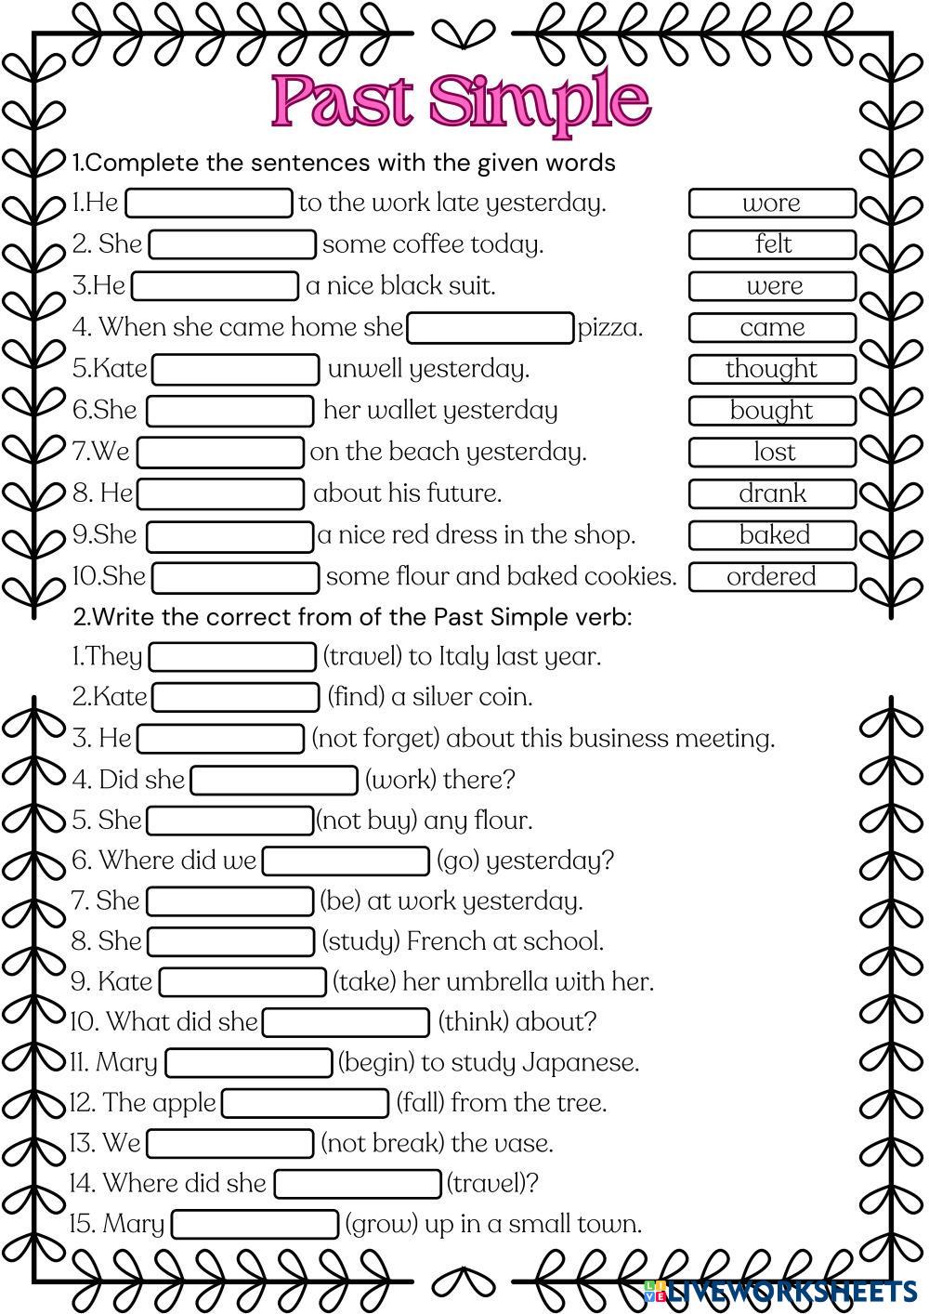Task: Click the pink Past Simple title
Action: pyautogui.click(x=461, y=100)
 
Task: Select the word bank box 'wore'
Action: pyautogui.click(x=771, y=203)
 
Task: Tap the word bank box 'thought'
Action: pyautogui.click(x=771, y=369)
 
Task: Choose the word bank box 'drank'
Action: pyautogui.click(x=771, y=493)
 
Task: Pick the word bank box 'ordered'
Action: pyautogui.click(x=771, y=576)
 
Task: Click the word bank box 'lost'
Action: pyautogui.click(x=771, y=452)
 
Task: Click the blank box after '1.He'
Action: pyautogui.click(x=209, y=203)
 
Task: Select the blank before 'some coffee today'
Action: pyautogui.click(x=232, y=244)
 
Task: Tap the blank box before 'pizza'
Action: pyautogui.click(x=491, y=328)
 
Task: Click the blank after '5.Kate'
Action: pyautogui.click(x=236, y=369)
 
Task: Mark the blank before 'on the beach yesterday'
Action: pyautogui.click(x=220, y=453)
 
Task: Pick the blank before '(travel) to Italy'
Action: pyautogui.click(x=232, y=657)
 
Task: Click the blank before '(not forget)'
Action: pyautogui.click(x=221, y=739)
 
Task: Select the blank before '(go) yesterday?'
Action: pyautogui.click(x=346, y=861)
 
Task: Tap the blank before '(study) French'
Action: pyautogui.click(x=231, y=941)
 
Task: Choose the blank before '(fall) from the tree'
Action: pyautogui.click(x=306, y=1103)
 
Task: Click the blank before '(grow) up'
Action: pyautogui.click(x=255, y=1224)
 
